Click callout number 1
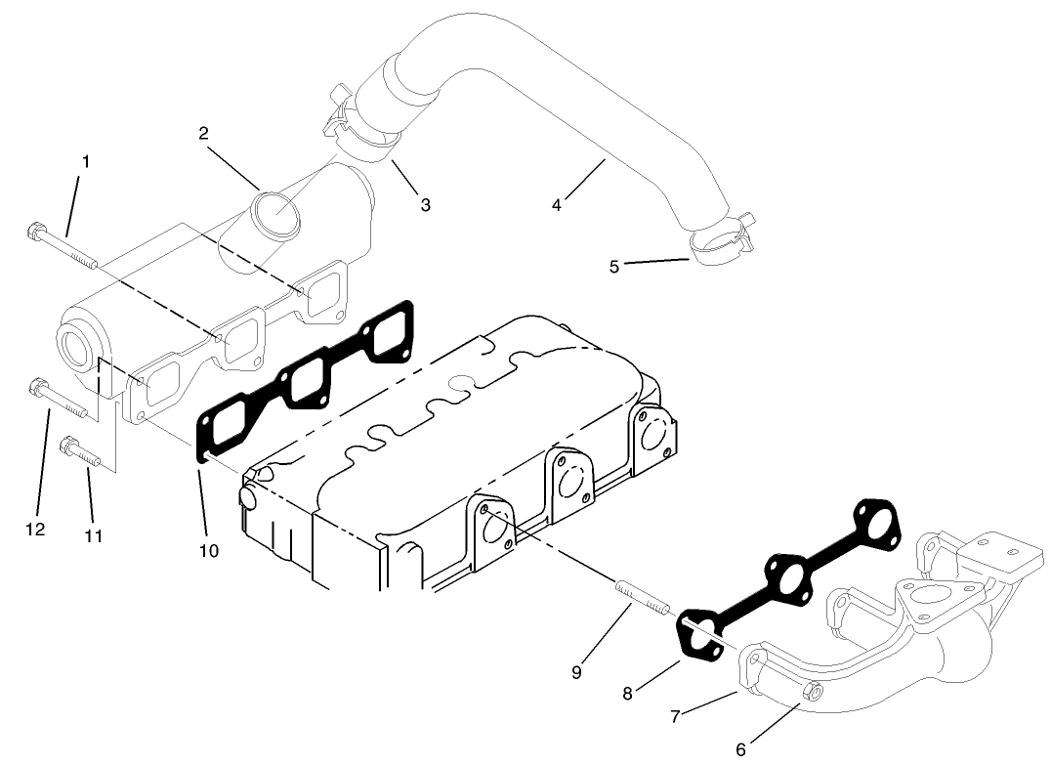(x=85, y=161)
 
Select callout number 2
(x=203, y=133)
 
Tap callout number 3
(x=425, y=204)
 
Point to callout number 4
(x=556, y=205)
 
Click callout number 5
(x=614, y=267)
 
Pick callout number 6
(x=740, y=749)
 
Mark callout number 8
(x=628, y=693)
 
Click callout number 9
(x=577, y=672)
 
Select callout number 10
(x=209, y=551)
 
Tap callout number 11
(x=93, y=535)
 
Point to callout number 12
(x=35, y=529)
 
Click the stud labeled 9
(x=640, y=598)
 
